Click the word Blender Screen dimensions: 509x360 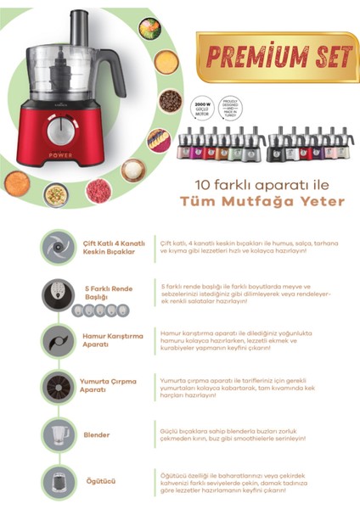pyautogui.click(x=97, y=435)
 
